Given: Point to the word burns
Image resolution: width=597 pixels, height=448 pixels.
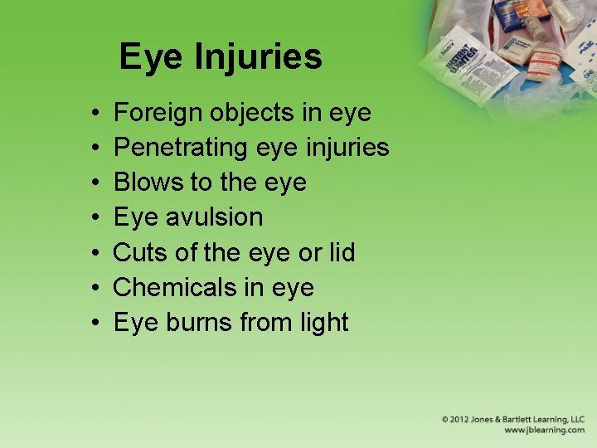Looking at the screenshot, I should coord(198,322).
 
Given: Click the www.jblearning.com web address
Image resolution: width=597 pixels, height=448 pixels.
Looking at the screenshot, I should coord(544,431).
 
